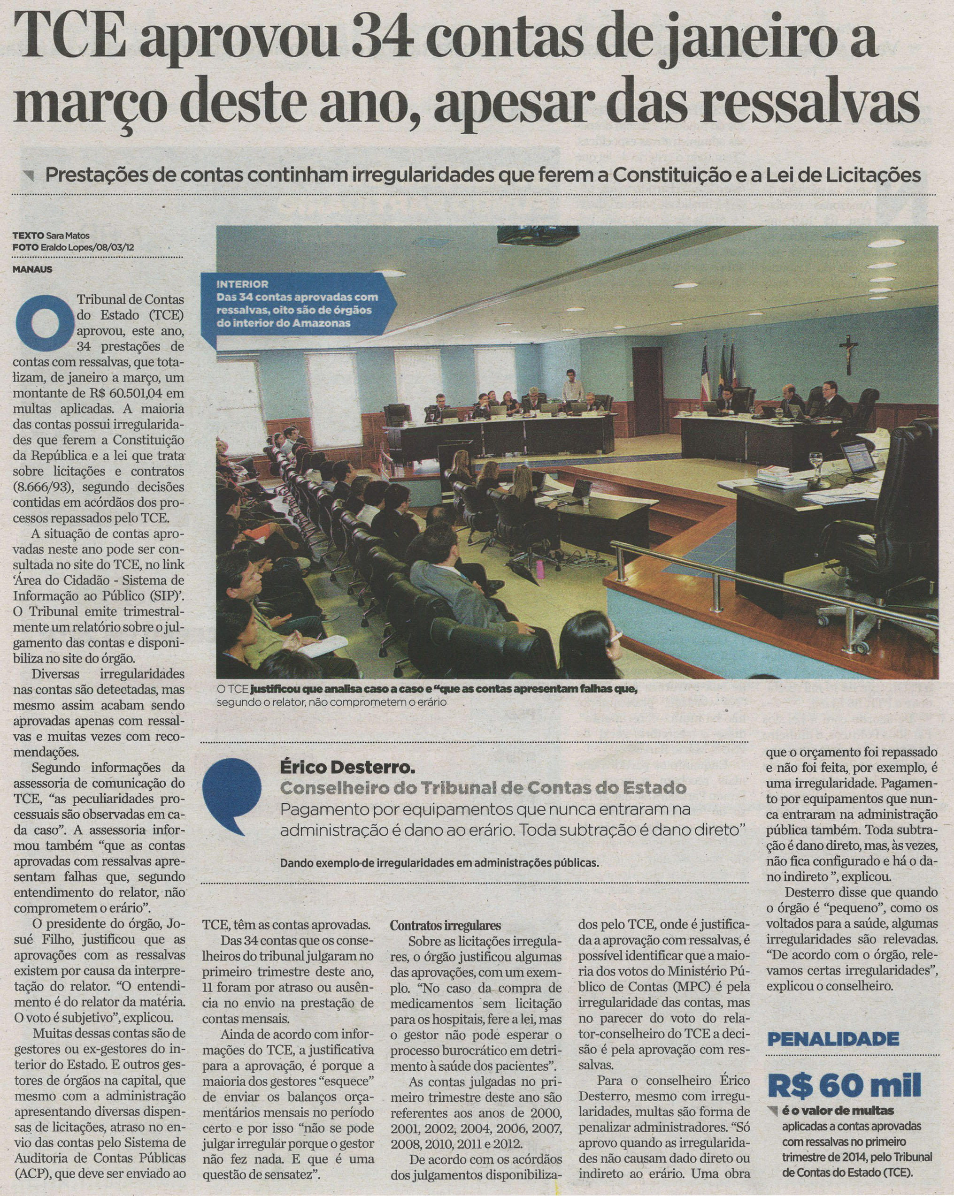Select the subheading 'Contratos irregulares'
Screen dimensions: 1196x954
(x=445, y=926)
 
